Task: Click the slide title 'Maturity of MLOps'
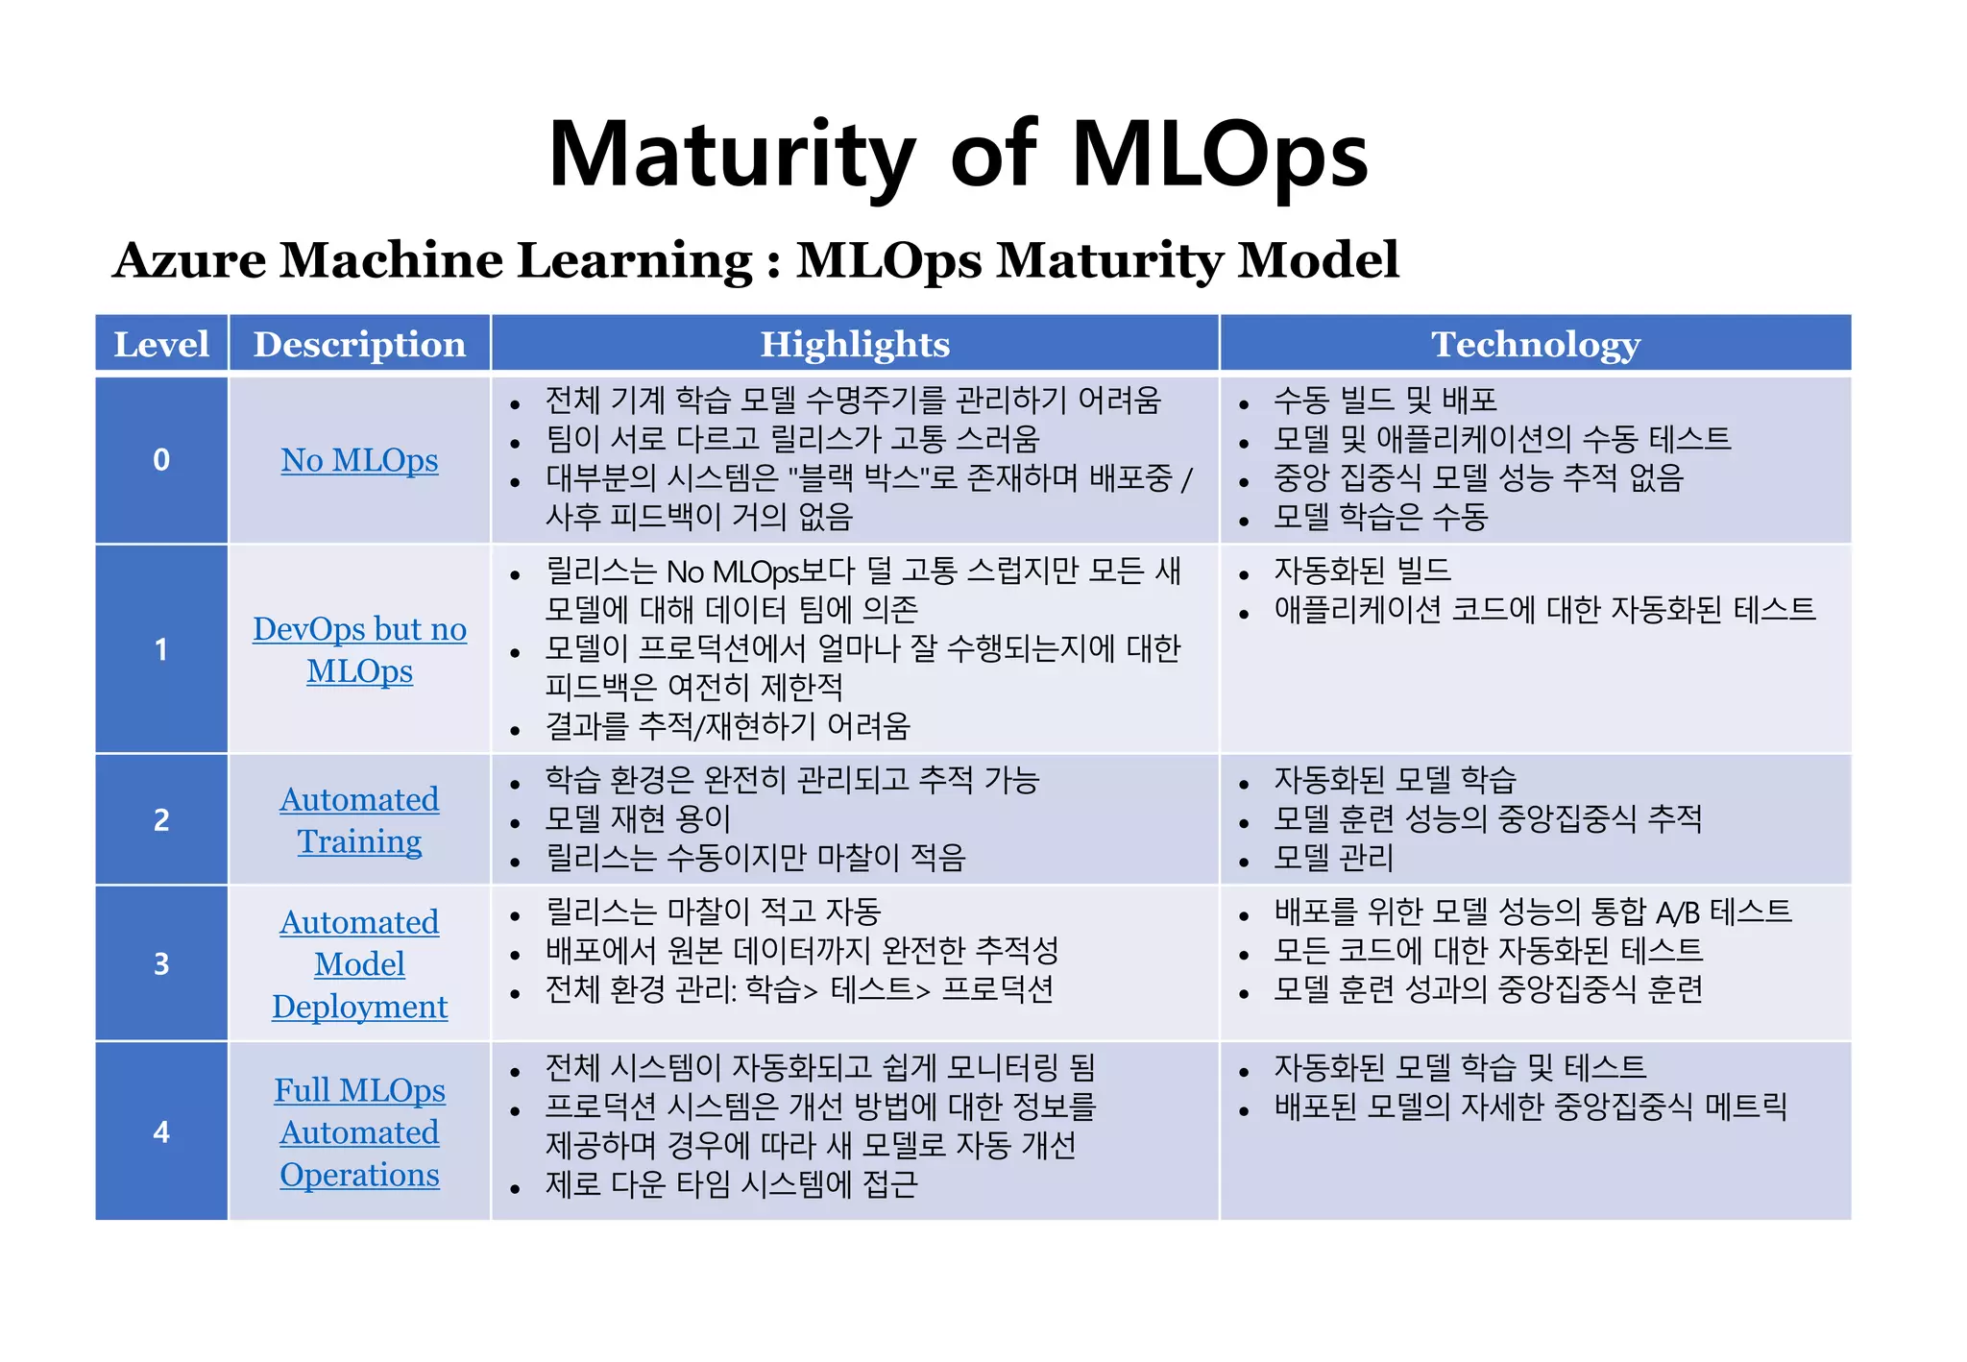(x=958, y=154)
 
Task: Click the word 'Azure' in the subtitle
(x=189, y=260)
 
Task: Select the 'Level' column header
(x=161, y=344)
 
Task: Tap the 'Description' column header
(x=359, y=344)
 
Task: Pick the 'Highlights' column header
(x=855, y=344)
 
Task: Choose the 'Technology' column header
(x=1535, y=344)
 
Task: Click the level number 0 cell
(x=161, y=460)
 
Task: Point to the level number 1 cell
(x=161, y=649)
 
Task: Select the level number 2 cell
(x=161, y=819)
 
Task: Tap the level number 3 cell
(x=161, y=963)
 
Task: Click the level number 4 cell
(x=161, y=1131)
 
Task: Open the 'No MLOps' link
(x=359, y=460)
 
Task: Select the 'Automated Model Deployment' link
(x=359, y=963)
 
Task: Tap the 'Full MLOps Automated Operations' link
(x=359, y=1132)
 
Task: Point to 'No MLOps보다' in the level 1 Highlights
(x=759, y=572)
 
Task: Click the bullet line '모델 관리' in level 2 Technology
(x=1333, y=858)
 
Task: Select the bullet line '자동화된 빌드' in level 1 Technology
(x=1362, y=571)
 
